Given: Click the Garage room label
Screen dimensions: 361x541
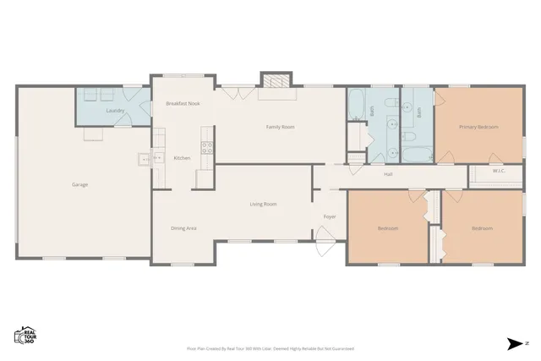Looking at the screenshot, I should coord(79,184).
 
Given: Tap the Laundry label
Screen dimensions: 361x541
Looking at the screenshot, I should coord(115,111).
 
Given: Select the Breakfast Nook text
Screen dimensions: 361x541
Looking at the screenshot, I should coord(183,103).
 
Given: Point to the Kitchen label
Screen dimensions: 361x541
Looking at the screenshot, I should coord(182,158).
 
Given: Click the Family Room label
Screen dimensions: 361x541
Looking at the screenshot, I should coord(280,127).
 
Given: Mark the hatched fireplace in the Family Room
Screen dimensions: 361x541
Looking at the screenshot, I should coord(275,81).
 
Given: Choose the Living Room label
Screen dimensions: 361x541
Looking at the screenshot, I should coord(263,204).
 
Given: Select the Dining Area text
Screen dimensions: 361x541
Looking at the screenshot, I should coord(183,228).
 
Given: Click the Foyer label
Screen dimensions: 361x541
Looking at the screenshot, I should coord(330,216).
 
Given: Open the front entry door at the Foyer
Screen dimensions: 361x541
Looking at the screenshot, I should coord(325,249).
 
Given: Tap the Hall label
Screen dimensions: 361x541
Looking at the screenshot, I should coord(388,174).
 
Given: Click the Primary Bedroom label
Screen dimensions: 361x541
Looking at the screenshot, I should coord(478,127).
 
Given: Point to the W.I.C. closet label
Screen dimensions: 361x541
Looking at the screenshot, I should coord(499,172).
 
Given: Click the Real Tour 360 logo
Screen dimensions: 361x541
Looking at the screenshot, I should coord(25,335).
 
